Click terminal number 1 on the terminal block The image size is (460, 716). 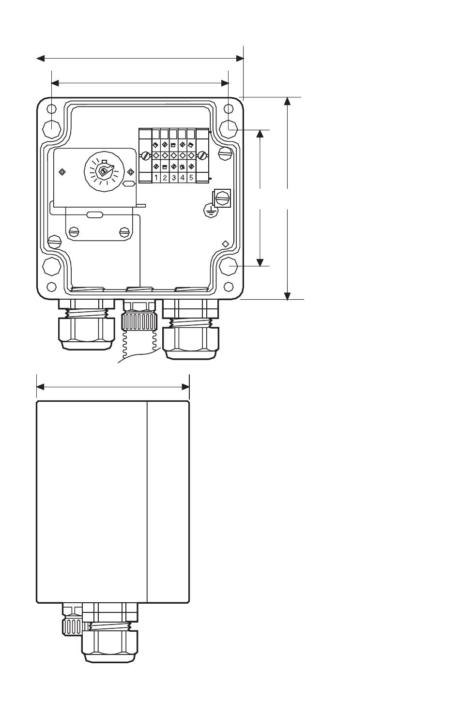tap(156, 178)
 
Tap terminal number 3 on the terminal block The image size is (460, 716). tap(173, 178)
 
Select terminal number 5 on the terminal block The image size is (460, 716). tap(191, 178)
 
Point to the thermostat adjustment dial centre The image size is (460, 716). tap(104, 172)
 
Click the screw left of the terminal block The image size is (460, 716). tap(145, 156)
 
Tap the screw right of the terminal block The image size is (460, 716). tap(201, 156)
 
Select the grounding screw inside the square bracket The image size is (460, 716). tap(222, 198)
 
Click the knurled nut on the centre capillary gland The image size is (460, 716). tap(138, 322)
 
